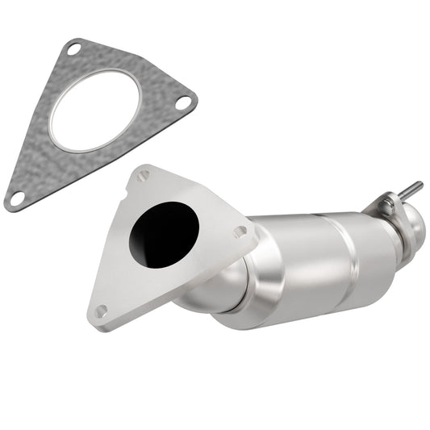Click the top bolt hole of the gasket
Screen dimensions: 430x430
click(73, 50)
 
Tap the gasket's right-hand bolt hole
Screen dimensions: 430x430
click(184, 102)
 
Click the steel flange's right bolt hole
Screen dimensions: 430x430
click(240, 232)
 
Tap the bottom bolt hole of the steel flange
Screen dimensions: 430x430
click(101, 311)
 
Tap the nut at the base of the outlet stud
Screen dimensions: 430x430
click(387, 202)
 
